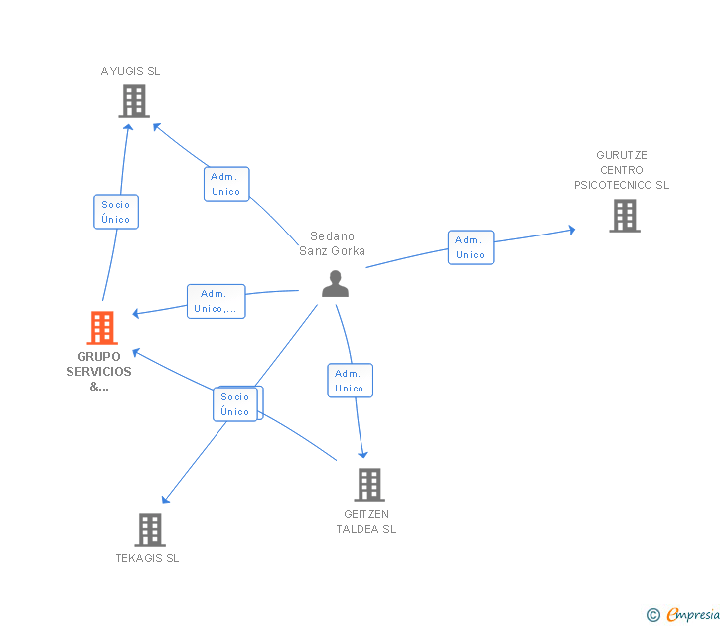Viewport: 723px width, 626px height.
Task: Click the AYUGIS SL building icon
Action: (x=134, y=101)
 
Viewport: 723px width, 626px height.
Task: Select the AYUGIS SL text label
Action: (x=130, y=71)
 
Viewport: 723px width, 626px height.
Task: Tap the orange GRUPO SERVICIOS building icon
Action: (x=102, y=327)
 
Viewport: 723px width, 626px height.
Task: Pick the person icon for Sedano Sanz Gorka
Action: (x=336, y=283)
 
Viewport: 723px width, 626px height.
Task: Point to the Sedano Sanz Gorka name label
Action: (x=332, y=243)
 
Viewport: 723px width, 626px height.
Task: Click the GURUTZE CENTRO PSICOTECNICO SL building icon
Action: (x=624, y=215)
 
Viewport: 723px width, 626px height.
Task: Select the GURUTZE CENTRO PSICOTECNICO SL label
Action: (x=622, y=170)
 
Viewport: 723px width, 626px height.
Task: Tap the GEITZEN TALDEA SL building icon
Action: (x=369, y=485)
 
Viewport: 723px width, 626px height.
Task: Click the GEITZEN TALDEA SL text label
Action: (x=366, y=521)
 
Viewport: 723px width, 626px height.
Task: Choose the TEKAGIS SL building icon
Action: (x=150, y=530)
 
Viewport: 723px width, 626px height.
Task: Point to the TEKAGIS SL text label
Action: (x=147, y=558)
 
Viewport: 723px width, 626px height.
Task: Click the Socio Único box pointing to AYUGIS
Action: (x=116, y=212)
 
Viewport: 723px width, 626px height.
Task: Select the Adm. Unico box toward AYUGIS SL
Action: (x=226, y=184)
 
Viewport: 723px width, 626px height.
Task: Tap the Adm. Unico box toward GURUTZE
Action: (x=470, y=247)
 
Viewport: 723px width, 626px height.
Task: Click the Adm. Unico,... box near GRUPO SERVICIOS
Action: (x=216, y=301)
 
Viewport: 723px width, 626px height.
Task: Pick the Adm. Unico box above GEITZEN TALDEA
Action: (x=350, y=381)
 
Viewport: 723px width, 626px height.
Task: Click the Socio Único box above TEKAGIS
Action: (x=235, y=404)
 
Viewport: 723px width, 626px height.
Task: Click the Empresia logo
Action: (x=692, y=615)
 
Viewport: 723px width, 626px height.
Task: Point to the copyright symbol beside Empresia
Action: (x=652, y=615)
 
